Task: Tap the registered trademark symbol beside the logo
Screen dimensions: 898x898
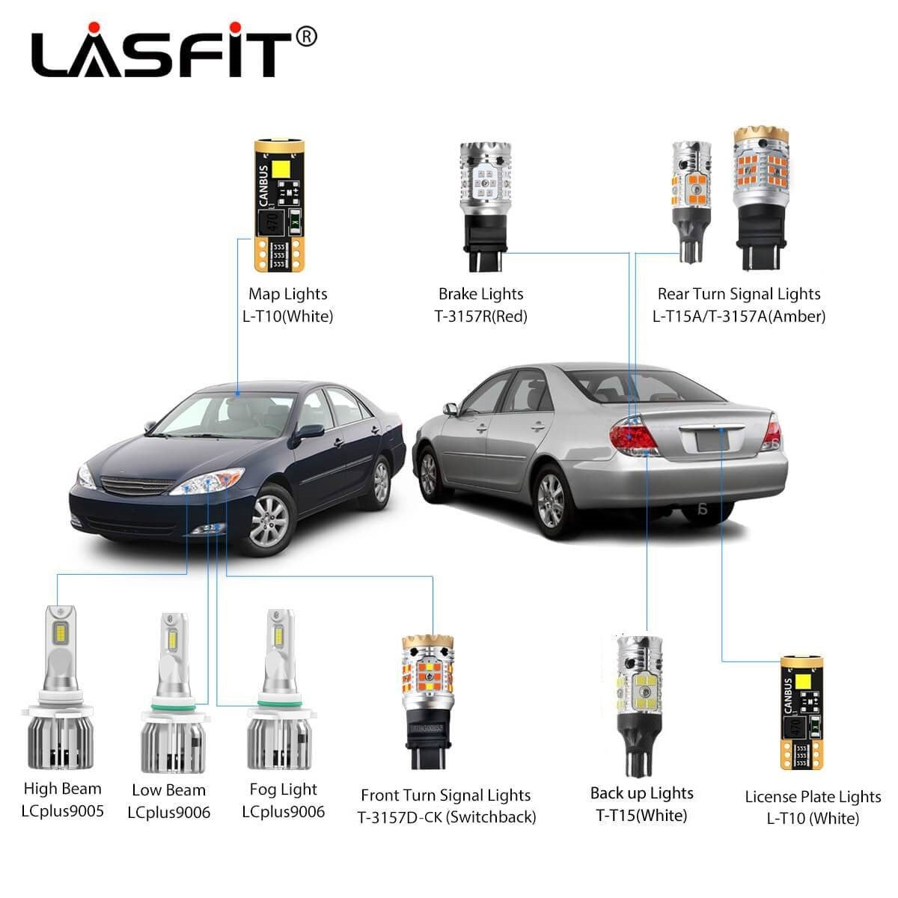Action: (306, 37)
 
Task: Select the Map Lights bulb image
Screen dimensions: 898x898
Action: (279, 205)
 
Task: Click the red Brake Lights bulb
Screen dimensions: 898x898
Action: (485, 206)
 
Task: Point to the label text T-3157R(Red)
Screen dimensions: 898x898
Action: (480, 317)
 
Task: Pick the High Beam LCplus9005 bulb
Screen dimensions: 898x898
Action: (58, 688)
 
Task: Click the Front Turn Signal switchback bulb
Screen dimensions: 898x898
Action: (428, 701)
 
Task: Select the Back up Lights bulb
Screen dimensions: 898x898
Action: (639, 706)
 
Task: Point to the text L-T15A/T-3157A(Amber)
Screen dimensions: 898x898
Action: (739, 317)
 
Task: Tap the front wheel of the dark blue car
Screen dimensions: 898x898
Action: (269, 521)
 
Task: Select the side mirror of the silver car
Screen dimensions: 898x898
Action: (450, 409)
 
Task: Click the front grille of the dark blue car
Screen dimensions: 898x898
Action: (138, 485)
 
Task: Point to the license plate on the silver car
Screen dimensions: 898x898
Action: (712, 440)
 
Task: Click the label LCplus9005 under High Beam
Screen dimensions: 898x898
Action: (62, 811)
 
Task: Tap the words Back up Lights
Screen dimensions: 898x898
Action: (641, 793)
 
